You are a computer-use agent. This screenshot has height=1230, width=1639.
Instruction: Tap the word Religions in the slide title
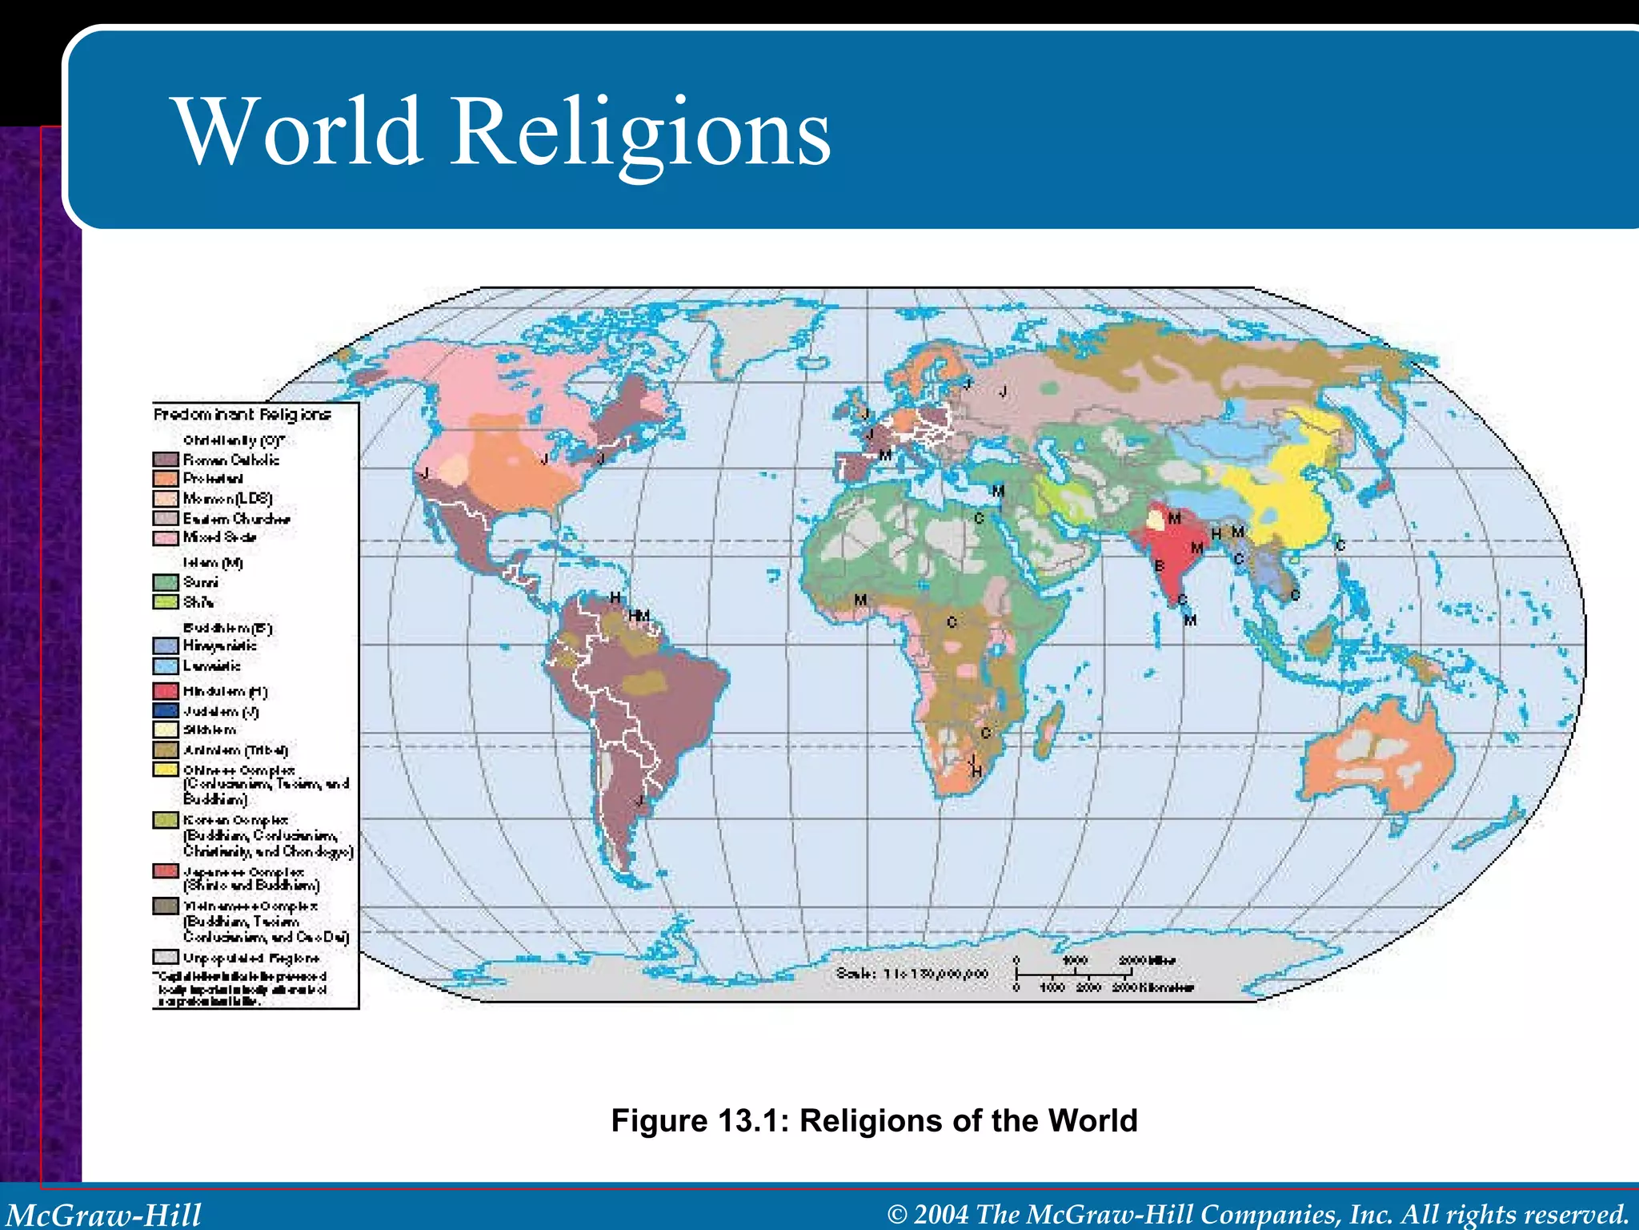click(642, 132)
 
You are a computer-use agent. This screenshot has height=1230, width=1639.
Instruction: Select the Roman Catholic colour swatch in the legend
click(166, 460)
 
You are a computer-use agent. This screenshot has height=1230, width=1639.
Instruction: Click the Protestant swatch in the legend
click(166, 479)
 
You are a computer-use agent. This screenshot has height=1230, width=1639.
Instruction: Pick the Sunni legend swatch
click(166, 582)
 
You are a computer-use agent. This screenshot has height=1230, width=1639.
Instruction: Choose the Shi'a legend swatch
click(166, 601)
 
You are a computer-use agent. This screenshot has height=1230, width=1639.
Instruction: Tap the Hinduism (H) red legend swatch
click(166, 690)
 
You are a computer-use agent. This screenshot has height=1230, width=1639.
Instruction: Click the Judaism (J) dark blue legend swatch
click(166, 710)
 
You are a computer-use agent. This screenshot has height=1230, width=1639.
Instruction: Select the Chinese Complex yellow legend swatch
click(166, 770)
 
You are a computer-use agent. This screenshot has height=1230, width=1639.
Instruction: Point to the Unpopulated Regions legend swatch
click(166, 957)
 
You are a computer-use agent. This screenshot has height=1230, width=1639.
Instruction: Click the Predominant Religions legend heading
click(242, 414)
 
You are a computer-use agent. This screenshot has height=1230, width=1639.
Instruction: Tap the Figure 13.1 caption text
click(874, 1120)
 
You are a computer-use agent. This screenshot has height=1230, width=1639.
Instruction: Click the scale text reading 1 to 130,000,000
click(912, 974)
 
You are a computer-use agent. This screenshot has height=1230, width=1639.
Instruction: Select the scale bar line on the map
click(1072, 974)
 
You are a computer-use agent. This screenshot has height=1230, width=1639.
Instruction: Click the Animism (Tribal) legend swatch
click(166, 750)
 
